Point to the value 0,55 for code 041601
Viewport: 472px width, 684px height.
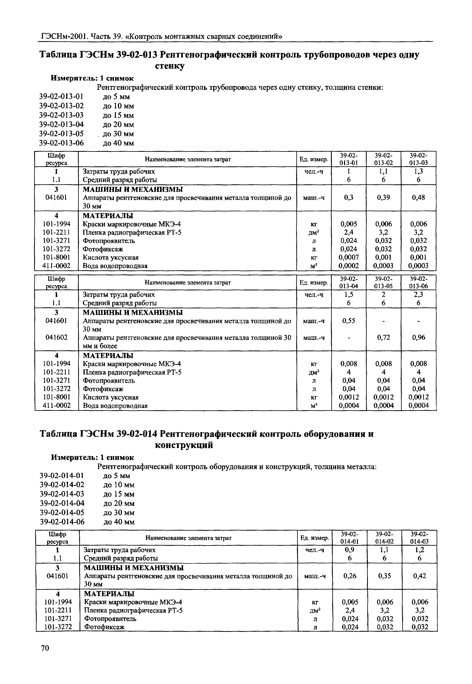[x=349, y=321]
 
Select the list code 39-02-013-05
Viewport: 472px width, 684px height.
[x=62, y=134]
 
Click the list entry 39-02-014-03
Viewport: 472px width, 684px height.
[x=62, y=494]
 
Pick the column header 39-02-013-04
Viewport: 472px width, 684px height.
[x=349, y=282]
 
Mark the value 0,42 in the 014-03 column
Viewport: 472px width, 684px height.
[x=419, y=576]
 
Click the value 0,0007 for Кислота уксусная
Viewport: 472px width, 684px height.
[x=349, y=257]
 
